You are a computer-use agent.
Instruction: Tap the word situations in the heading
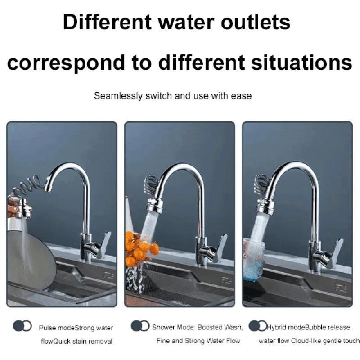(301, 63)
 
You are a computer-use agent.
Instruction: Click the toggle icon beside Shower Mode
(140, 326)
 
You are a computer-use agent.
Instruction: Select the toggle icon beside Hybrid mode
(258, 326)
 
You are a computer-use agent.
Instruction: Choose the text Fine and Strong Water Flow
(198, 341)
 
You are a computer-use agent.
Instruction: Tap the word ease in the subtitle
(242, 96)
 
